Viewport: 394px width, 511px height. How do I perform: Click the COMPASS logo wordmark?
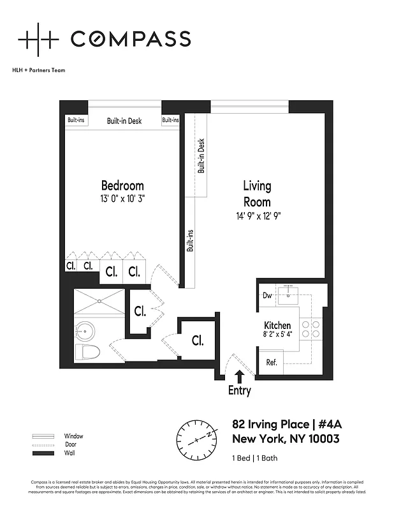[130, 39]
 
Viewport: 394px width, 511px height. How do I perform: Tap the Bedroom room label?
[123, 186]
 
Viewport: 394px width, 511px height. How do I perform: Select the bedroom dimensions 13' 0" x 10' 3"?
[123, 199]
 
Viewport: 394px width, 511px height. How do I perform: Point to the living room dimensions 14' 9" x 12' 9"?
[257, 216]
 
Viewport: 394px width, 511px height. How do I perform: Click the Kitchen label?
[277, 325]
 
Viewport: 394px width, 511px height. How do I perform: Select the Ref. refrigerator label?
[271, 363]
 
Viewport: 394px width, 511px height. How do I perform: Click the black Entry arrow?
[240, 378]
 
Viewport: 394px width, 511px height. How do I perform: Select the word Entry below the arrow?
[240, 391]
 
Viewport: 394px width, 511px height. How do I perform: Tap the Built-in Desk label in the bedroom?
[124, 121]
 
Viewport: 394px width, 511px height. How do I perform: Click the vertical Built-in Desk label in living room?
[201, 156]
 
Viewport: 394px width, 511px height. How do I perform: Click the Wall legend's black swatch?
[40, 453]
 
